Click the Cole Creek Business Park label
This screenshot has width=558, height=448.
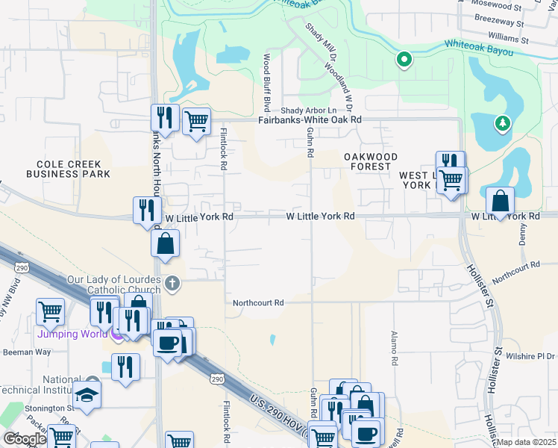pos(68,169)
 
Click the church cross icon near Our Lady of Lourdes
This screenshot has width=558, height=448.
pos(172,282)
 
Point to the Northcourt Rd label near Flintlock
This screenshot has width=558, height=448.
pos(258,303)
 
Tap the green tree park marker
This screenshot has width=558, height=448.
pos(503,123)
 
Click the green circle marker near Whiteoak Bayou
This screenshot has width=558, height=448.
pos(404,59)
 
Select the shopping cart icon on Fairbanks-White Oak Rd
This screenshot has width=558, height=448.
pos(196,120)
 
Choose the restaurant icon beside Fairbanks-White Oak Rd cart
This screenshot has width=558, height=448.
pos(163,117)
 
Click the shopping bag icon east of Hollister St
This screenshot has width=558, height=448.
pos(500,201)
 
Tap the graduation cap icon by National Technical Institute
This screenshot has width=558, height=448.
pos(87,394)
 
